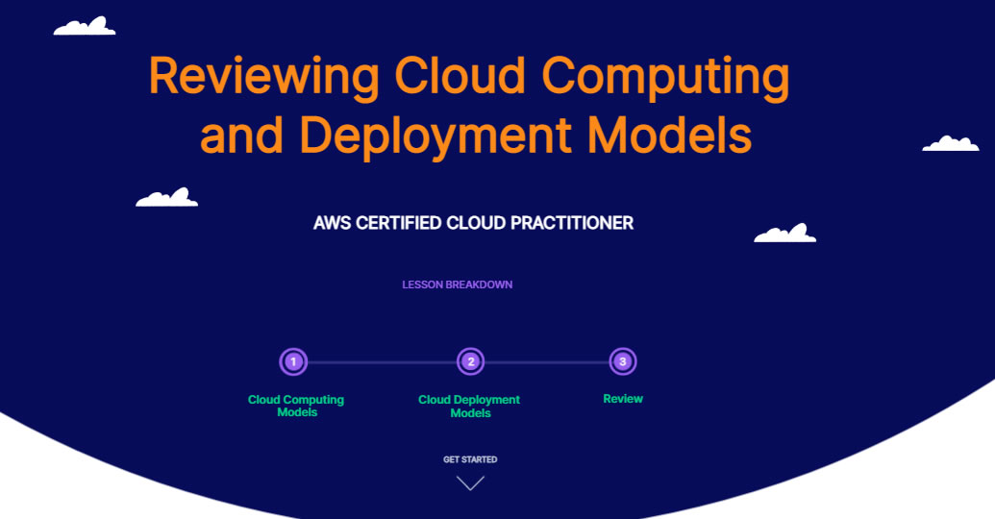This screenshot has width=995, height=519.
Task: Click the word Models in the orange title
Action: (x=669, y=135)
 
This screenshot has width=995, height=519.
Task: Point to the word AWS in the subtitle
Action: (x=332, y=223)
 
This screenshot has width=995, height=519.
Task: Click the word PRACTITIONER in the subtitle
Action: (x=572, y=223)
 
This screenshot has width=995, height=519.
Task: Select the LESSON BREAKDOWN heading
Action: (x=457, y=284)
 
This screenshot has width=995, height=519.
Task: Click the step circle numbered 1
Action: (x=293, y=361)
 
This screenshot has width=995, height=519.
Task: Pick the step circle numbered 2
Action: (x=471, y=361)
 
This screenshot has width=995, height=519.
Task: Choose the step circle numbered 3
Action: (x=623, y=361)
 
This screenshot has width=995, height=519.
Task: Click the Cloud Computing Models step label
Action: (x=296, y=406)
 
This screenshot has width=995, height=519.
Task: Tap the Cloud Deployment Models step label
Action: (x=469, y=406)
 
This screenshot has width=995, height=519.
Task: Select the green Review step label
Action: (x=623, y=399)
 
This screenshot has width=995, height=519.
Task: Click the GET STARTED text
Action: (x=470, y=459)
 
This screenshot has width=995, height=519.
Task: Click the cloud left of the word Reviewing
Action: (x=85, y=27)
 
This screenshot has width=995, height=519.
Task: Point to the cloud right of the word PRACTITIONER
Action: (x=785, y=235)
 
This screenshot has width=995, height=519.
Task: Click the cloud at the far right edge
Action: (x=951, y=144)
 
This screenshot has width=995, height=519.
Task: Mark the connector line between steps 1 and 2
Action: (x=382, y=362)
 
